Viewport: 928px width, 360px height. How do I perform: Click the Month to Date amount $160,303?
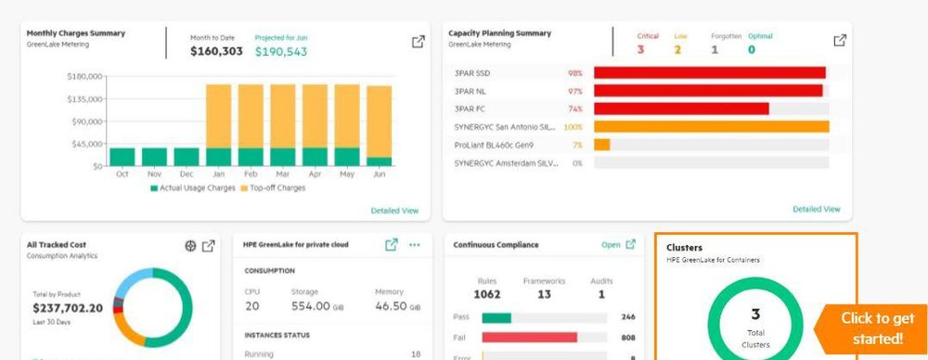point(216,52)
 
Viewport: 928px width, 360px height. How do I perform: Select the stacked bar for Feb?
point(251,124)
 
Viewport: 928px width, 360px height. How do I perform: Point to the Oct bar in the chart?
point(122,156)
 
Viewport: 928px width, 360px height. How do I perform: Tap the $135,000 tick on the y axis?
point(84,98)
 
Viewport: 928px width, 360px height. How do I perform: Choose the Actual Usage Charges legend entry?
point(192,187)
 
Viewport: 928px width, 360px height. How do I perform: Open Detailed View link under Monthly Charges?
point(394,211)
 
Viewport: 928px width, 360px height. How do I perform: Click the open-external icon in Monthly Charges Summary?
point(419,42)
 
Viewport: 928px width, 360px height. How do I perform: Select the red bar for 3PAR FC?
point(681,109)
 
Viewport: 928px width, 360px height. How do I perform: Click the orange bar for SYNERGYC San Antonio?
point(711,126)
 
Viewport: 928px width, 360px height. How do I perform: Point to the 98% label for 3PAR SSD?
point(574,72)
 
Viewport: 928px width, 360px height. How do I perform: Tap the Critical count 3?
point(640,49)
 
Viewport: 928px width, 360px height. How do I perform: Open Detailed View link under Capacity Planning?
point(816,209)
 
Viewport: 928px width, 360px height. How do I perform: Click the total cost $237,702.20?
point(68,308)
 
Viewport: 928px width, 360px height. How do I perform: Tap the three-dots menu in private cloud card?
point(415,245)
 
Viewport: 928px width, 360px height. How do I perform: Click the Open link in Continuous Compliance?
point(611,245)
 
